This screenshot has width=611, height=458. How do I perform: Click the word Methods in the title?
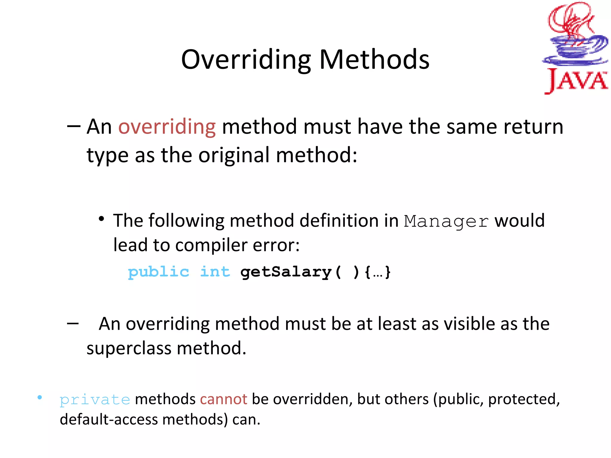click(x=374, y=60)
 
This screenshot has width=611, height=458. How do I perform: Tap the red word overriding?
click(x=167, y=127)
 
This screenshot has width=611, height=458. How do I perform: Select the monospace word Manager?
click(x=446, y=221)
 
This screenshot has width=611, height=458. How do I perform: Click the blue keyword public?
click(x=158, y=272)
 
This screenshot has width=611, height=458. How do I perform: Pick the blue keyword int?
click(x=215, y=272)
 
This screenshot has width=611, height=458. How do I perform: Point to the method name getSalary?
click(x=286, y=272)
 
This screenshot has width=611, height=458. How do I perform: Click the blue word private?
click(x=95, y=400)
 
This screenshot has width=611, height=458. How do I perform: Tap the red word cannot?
click(x=223, y=399)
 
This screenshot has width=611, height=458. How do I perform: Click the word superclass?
click(x=129, y=348)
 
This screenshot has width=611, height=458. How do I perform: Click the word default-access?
click(x=109, y=420)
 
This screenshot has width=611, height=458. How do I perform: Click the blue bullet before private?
click(x=40, y=397)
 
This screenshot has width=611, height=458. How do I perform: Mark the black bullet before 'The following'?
click(x=101, y=219)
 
